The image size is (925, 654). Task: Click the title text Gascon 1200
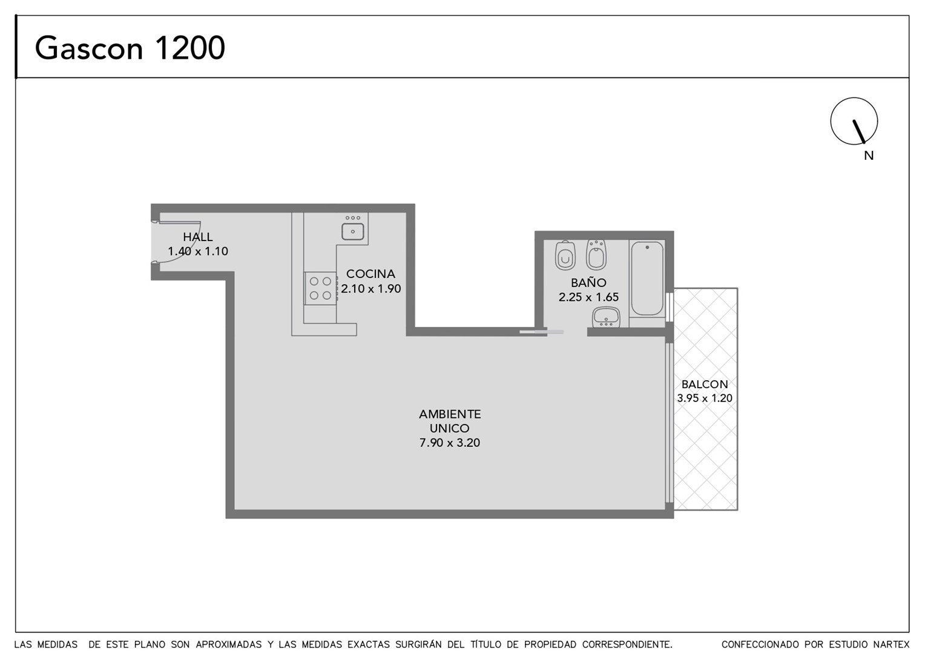click(130, 48)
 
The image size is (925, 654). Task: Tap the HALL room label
click(198, 237)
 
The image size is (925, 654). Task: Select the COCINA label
click(370, 274)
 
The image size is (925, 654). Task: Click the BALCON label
click(705, 384)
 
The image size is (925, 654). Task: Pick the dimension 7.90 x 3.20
click(450, 443)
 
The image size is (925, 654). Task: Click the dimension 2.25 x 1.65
click(588, 297)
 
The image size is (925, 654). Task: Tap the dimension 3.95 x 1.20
click(705, 398)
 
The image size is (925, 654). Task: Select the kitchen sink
click(353, 231)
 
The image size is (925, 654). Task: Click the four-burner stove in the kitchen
click(320, 288)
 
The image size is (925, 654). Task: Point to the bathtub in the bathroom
click(647, 279)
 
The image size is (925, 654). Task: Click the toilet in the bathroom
click(565, 256)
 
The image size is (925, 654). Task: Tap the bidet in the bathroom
click(596, 254)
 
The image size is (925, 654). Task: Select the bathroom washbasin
click(606, 317)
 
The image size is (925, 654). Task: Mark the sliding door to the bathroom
click(541, 332)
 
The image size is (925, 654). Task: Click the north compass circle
click(854, 121)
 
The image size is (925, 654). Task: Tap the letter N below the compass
click(869, 156)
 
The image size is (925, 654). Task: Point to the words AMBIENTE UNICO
click(450, 421)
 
